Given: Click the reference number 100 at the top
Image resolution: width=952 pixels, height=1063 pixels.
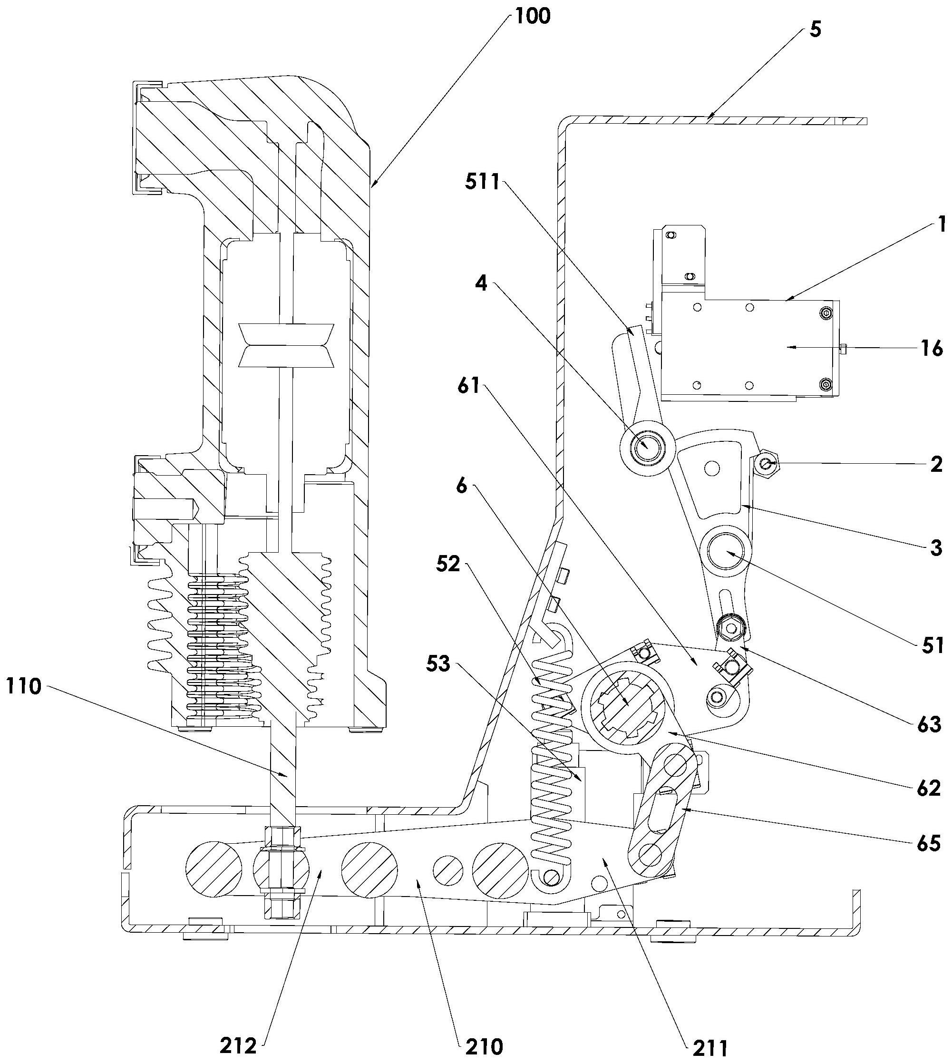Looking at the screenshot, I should [x=533, y=16].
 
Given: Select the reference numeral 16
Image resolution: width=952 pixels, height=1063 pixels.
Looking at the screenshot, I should [x=931, y=348].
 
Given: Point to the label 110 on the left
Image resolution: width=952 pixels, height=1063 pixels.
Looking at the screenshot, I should [x=25, y=686].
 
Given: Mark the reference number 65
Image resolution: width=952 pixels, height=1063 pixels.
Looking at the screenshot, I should [x=928, y=844].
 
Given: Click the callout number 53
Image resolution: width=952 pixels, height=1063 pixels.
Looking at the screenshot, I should [x=438, y=664].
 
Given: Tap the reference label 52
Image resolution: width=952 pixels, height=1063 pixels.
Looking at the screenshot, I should [x=448, y=565].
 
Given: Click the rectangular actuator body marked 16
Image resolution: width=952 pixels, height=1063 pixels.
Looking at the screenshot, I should [x=748, y=348].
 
